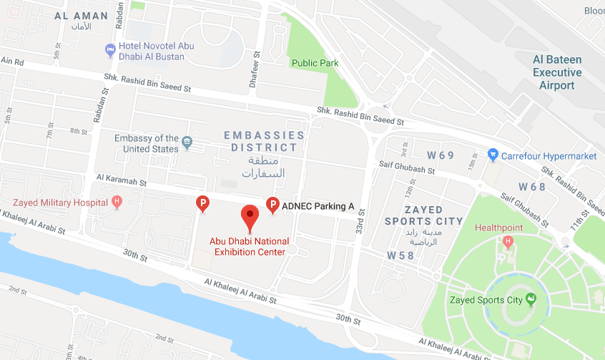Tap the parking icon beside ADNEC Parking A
tap(272, 205)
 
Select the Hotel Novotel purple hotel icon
tap(110, 50)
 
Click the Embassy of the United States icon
tap(187, 142)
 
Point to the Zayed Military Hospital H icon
tap(117, 203)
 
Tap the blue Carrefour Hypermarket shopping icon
tap(492, 155)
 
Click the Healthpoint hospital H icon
tap(508, 241)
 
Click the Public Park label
tap(315, 63)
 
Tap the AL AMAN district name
tap(82, 16)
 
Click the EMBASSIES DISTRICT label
tap(264, 141)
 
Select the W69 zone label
tap(441, 155)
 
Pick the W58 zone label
tap(400, 256)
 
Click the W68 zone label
tap(532, 187)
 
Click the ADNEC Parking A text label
tap(318, 206)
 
